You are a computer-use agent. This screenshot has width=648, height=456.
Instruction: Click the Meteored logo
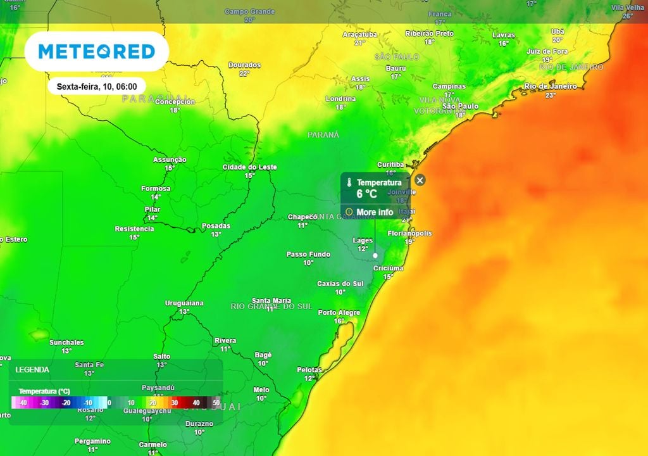pos(96,51)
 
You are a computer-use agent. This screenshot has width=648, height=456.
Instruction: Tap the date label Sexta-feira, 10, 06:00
pos(97,86)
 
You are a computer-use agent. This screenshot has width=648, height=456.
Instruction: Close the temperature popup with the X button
pos(420,180)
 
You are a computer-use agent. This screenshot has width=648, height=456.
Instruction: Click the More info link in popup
pos(374,212)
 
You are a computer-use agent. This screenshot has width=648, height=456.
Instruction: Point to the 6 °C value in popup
pos(366,194)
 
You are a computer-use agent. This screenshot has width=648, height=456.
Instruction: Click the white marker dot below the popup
pos(375,255)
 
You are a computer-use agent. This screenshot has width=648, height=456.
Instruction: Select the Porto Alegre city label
pos(339,313)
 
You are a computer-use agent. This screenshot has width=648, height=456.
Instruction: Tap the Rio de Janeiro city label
pos(550,86)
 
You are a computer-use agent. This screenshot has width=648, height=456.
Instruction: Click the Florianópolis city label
pos(409,233)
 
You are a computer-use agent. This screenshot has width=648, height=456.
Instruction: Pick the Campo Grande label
pos(249,12)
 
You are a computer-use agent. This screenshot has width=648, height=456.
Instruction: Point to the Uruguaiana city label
pos(184,303)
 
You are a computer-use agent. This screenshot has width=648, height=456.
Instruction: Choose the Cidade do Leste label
pos(249,167)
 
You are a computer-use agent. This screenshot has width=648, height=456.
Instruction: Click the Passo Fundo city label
pos(308,255)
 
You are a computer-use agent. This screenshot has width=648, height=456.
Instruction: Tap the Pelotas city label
pos(309,370)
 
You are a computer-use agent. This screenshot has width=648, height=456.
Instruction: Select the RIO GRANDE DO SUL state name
pos(271,307)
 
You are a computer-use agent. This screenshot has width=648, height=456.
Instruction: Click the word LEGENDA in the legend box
pos(32,369)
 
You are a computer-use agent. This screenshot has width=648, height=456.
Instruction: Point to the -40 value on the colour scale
pos(23,403)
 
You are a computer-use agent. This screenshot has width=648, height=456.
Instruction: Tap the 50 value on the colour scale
pos(216,403)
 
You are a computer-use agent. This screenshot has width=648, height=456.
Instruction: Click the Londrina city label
pos(340,99)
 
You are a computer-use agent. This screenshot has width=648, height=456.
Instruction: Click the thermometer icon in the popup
pos(349,182)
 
